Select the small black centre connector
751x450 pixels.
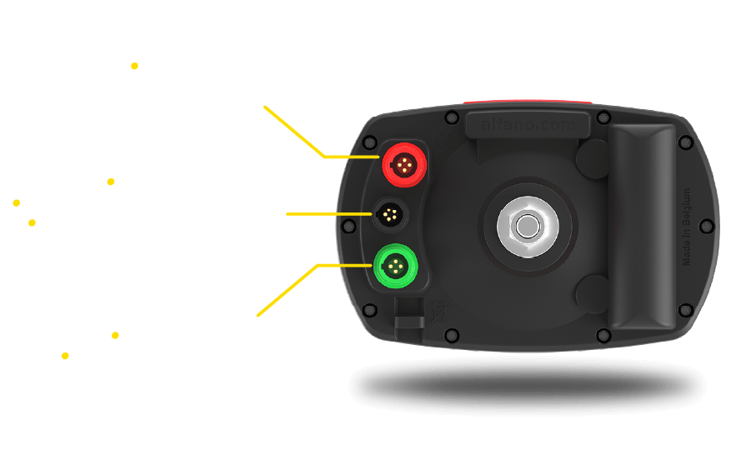(389, 214)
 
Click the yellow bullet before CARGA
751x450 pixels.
(112, 182)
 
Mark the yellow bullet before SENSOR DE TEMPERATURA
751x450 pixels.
(135, 65)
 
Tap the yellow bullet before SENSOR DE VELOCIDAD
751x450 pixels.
(65, 356)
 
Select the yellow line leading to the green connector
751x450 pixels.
(288, 290)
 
